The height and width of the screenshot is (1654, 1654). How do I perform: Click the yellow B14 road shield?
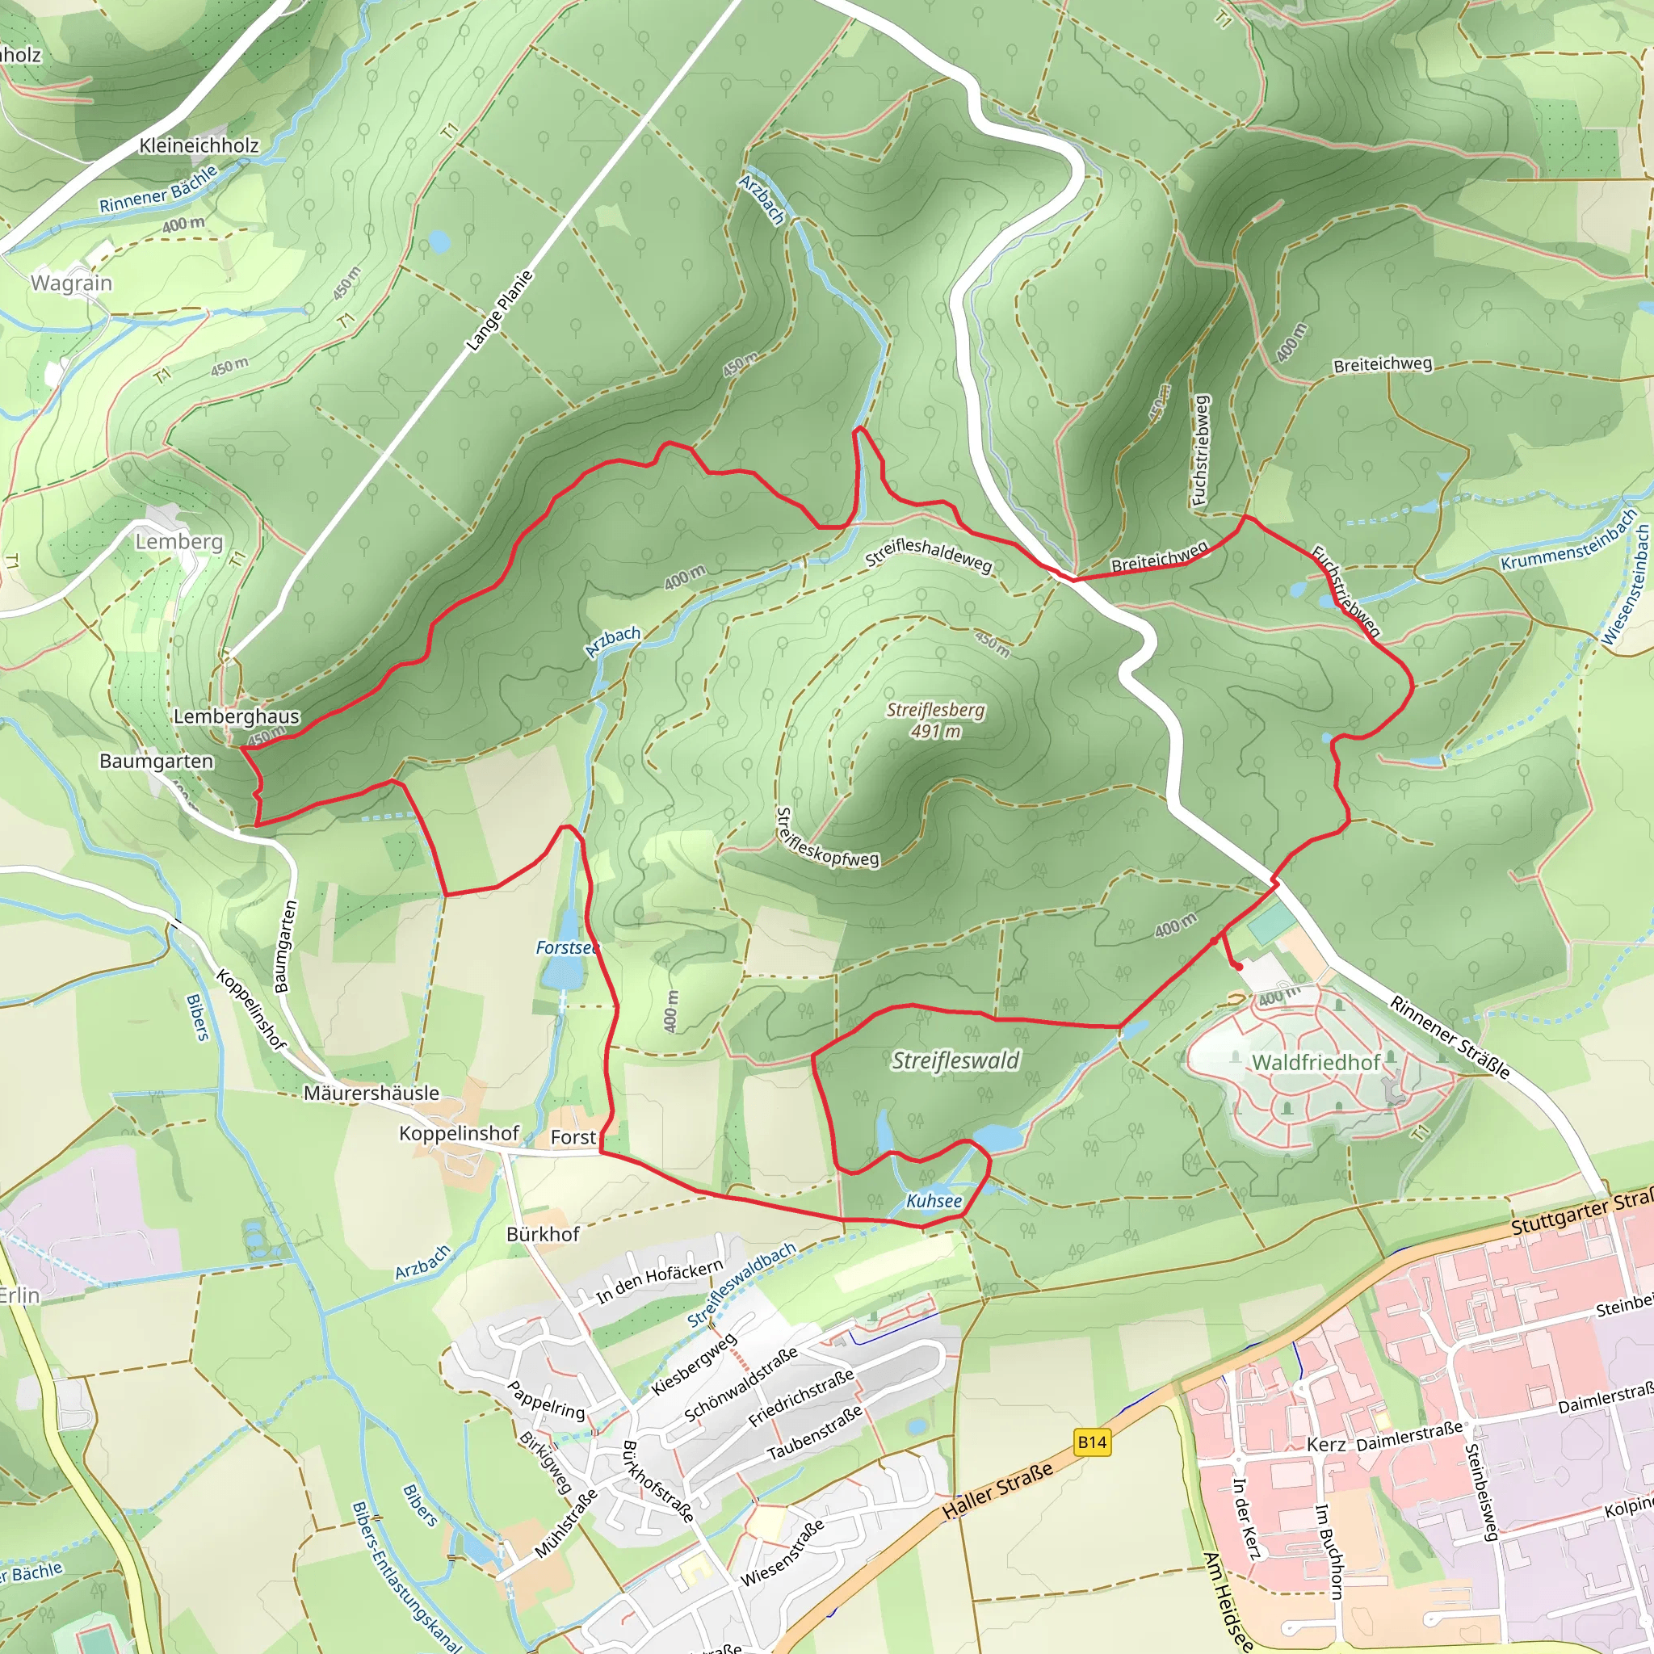click(x=1092, y=1442)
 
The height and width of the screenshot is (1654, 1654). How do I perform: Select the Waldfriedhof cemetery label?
click(x=1316, y=1063)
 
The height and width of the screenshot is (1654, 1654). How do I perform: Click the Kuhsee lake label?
click(x=934, y=1201)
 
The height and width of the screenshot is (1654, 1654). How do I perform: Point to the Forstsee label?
click(x=566, y=947)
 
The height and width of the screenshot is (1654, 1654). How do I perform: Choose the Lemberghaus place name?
click(x=237, y=716)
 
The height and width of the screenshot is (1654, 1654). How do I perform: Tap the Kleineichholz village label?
click(x=199, y=145)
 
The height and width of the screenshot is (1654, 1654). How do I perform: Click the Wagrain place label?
click(x=71, y=283)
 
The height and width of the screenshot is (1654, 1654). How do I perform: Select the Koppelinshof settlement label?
click(x=459, y=1133)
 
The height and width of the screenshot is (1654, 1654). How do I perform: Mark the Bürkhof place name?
click(x=543, y=1234)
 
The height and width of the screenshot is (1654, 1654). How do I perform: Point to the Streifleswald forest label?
click(x=955, y=1060)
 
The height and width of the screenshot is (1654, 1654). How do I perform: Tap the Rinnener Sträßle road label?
click(x=1450, y=1037)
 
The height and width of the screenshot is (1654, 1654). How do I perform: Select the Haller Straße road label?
click(x=997, y=1492)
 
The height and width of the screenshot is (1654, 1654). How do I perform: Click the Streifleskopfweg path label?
click(x=826, y=838)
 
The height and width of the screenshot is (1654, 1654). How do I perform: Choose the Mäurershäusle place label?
click(x=372, y=1094)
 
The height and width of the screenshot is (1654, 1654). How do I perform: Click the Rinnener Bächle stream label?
click(x=158, y=189)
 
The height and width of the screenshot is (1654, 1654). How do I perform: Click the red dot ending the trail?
click(x=1240, y=967)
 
